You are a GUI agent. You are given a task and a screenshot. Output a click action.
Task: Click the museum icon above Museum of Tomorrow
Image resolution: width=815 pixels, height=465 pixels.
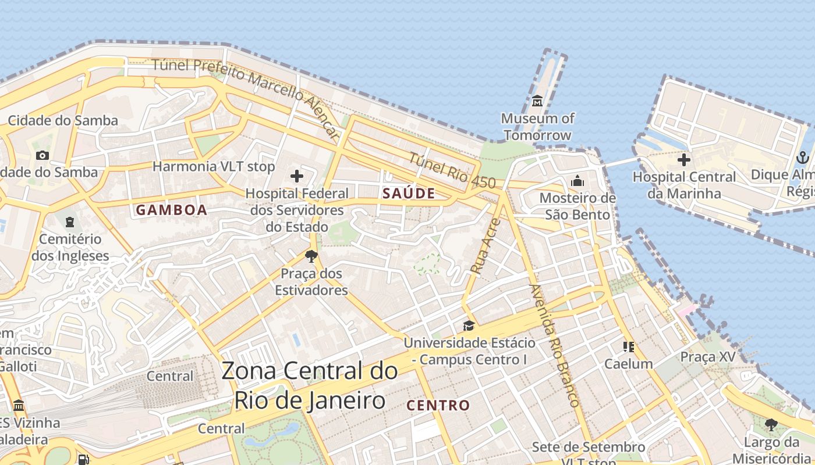(537, 101)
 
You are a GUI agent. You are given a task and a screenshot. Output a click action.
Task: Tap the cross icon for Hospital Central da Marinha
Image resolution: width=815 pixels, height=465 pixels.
(684, 159)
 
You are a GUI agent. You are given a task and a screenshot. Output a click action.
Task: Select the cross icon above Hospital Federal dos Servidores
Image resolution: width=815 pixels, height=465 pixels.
(297, 176)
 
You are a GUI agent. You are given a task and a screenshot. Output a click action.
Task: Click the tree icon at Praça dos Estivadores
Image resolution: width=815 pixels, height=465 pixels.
(311, 256)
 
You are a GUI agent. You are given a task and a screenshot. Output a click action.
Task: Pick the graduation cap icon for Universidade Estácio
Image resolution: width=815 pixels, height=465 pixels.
(469, 325)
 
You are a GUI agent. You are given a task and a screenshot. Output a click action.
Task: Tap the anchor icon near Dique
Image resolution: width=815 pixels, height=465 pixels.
(802, 157)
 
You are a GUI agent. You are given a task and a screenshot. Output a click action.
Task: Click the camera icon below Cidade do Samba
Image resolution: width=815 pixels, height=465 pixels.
(42, 155)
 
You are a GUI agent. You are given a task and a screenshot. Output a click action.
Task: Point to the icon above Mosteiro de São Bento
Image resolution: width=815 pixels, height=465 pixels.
(577, 181)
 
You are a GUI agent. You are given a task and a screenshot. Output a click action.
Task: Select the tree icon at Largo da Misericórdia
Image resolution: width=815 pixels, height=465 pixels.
(771, 425)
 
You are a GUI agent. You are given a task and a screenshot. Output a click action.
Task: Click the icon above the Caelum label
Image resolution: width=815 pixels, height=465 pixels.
(629, 347)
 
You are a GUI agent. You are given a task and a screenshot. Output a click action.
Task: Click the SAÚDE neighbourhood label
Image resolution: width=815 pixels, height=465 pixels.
(409, 194)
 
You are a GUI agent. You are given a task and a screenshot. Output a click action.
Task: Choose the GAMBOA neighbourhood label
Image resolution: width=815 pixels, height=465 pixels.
(172, 210)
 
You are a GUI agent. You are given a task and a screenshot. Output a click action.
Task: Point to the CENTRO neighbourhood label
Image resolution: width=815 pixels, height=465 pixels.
(438, 405)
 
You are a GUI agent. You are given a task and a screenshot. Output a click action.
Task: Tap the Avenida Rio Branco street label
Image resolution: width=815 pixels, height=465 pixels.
(555, 345)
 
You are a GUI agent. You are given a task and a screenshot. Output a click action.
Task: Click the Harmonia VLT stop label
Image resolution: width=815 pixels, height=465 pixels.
(213, 167)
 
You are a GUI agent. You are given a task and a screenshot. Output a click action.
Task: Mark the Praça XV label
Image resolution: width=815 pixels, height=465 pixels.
(708, 357)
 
